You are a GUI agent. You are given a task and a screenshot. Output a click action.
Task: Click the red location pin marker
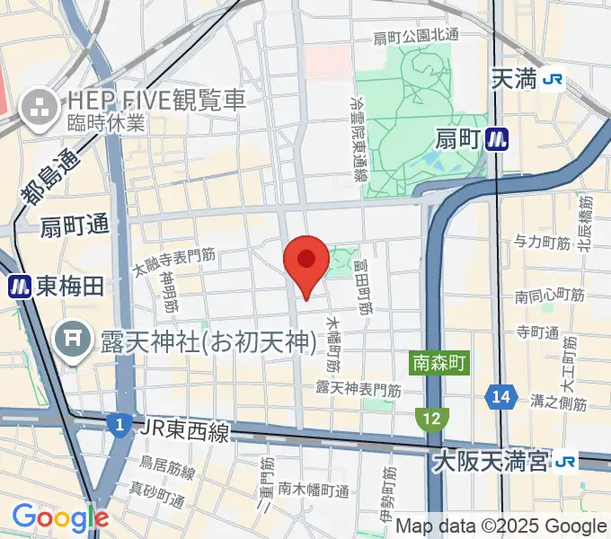click(x=305, y=261)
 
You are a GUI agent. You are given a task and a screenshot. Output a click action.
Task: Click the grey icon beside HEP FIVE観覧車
click(x=40, y=108)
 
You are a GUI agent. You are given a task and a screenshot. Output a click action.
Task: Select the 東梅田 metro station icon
click(x=19, y=287)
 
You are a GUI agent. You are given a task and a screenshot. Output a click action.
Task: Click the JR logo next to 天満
click(x=553, y=80)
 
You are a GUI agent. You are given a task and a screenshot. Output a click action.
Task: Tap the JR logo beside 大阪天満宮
click(x=565, y=463)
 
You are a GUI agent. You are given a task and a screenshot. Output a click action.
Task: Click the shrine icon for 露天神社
click(x=71, y=340)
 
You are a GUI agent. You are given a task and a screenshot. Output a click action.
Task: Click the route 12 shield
click(x=431, y=418)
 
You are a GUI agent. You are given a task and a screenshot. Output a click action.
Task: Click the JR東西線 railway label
click(x=184, y=432)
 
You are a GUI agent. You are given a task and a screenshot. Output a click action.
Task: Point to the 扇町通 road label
click(x=74, y=227)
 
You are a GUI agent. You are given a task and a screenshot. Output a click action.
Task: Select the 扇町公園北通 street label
click(x=416, y=37)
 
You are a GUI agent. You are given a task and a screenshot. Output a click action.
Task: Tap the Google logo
click(x=60, y=517)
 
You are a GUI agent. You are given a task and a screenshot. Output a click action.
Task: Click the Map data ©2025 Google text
click(x=500, y=526)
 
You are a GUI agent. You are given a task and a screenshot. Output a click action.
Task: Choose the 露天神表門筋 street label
click(x=359, y=389)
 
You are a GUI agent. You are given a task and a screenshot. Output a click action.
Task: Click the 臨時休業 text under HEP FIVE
click(x=104, y=124)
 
